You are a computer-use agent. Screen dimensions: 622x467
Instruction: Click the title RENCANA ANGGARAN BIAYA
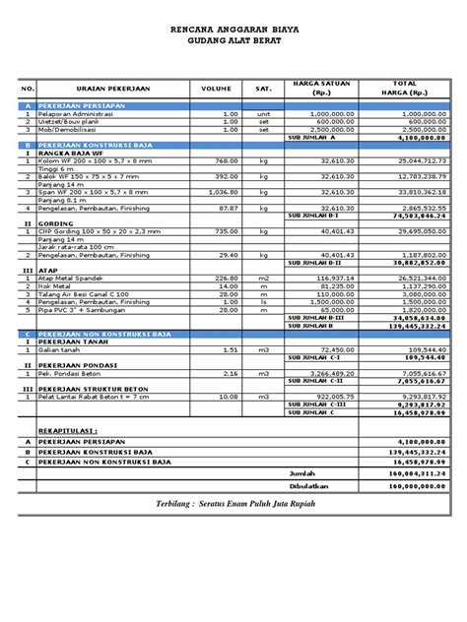233,31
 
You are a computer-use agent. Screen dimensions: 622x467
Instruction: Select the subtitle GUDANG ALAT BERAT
233,42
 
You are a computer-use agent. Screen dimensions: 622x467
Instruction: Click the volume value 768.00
228,159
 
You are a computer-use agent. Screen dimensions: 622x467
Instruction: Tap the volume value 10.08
228,397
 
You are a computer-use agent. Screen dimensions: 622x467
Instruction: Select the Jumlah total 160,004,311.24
411,471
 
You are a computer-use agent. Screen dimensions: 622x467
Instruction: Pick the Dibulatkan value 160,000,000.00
411,485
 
